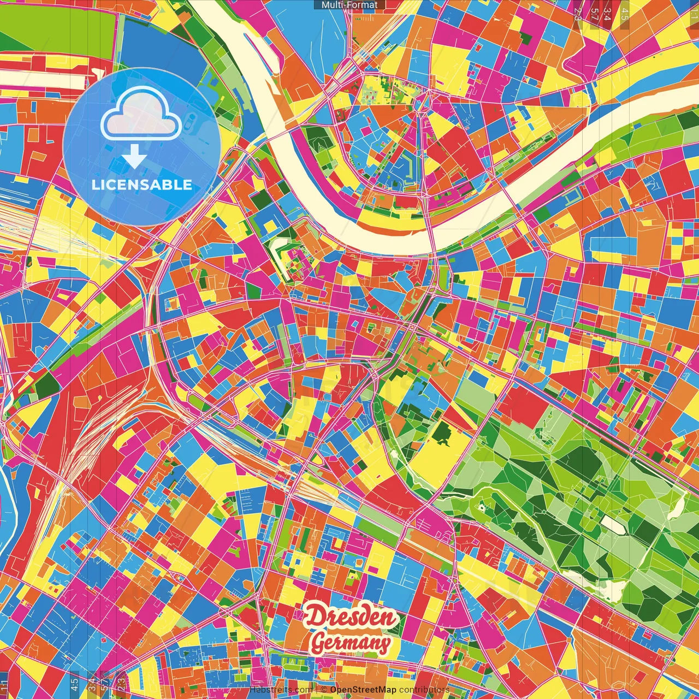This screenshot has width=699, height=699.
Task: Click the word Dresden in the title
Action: tap(352, 617)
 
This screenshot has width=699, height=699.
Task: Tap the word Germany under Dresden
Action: tap(351, 643)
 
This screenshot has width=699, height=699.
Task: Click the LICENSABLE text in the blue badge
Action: tap(142, 185)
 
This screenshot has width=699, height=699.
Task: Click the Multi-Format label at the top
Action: tap(349, 5)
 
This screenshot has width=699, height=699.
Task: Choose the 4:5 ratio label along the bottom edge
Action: tap(74, 685)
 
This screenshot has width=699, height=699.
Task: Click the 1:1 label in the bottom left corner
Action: tap(4, 685)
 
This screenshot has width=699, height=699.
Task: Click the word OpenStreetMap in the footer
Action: tap(363, 690)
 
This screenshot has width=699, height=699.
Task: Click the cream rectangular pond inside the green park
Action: tap(613, 525)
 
